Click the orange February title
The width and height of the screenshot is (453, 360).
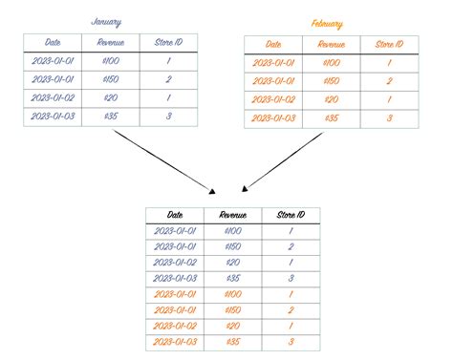pyautogui.click(x=327, y=23)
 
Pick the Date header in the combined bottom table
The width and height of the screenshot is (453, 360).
pyautogui.click(x=175, y=216)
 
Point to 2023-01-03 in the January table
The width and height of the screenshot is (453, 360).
pyautogui.click(x=54, y=116)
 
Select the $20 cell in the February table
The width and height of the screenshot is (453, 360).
pyautogui.click(x=331, y=99)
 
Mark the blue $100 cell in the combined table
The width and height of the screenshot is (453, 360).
pyautogui.click(x=232, y=232)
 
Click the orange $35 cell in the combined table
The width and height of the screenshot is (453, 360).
pyautogui.click(x=232, y=341)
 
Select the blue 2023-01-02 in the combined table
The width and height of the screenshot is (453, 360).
pyautogui.click(x=175, y=263)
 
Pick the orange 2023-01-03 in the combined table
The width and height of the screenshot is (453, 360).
pyautogui.click(x=175, y=341)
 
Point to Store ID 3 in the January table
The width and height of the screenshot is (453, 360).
pyautogui.click(x=168, y=116)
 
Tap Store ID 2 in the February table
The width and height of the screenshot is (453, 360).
pyautogui.click(x=387, y=81)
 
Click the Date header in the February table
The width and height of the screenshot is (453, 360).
pyautogui.click(x=273, y=44)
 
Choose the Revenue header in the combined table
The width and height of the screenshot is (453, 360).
pyautogui.click(x=232, y=216)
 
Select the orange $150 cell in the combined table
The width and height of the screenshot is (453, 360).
pyautogui.click(x=232, y=309)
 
